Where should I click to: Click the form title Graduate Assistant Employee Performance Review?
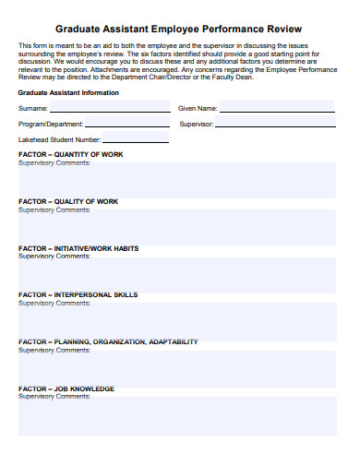180,28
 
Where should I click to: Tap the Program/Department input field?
126,123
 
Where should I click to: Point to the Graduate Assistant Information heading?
68,92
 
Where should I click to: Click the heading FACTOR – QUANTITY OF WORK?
70,154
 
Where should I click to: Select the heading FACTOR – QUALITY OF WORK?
68,201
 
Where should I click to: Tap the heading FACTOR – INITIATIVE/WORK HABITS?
78,248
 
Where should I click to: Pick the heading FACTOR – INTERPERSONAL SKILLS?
78,295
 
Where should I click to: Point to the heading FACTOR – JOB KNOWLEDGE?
66,388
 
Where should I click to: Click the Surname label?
33,108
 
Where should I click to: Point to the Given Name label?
197,108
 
